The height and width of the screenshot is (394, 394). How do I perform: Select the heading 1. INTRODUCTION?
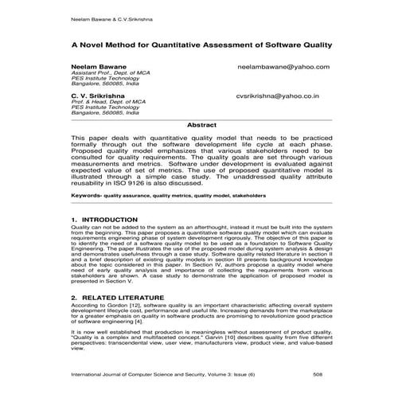pyautogui.click(x=104, y=218)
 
